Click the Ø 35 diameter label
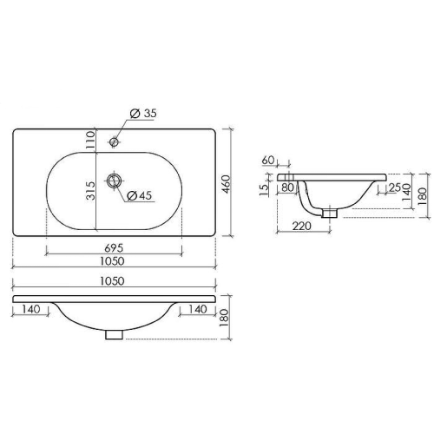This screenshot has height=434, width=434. coord(143,114)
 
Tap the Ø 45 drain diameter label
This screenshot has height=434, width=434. coord(139,196)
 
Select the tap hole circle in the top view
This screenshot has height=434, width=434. coord(114,141)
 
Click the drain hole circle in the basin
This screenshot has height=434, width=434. coord(114,181)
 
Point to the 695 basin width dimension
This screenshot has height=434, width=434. coord(114,248)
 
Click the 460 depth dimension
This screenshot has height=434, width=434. coord(226,184)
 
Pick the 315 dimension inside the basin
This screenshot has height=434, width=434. coord(90,191)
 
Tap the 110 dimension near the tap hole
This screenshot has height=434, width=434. coord(90,140)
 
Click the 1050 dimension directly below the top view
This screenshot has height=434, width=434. coord(112,261)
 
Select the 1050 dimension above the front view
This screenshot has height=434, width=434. coord(112,281)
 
